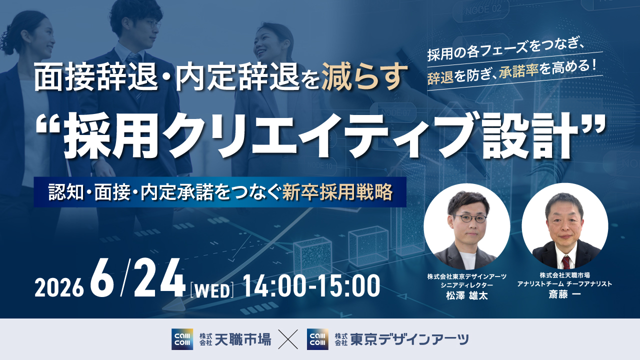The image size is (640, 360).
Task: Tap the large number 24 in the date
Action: pyautogui.click(x=159, y=278)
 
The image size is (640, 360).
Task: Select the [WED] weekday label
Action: pyautogui.click(x=211, y=290)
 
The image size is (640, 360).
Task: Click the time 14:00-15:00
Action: pyautogui.click(x=311, y=286)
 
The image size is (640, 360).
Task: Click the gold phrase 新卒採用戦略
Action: pyautogui.click(x=337, y=192)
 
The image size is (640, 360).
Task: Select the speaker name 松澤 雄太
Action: pyautogui.click(x=467, y=295)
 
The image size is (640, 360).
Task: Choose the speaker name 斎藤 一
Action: pyautogui.click(x=564, y=294)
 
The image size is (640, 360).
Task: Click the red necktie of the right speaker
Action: pyautogui.click(x=566, y=263)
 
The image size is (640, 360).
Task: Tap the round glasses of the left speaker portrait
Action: pyautogui.click(x=470, y=218)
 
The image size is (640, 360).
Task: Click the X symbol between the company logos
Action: pyautogui.click(x=288, y=339)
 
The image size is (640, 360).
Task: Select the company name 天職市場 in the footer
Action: pyautogui.click(x=242, y=339)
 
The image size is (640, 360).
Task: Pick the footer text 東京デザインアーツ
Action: pyautogui.click(x=409, y=339)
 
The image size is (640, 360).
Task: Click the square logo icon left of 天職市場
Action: pyautogui.click(x=182, y=339)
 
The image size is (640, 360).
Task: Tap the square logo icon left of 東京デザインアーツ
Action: pyautogui.click(x=317, y=339)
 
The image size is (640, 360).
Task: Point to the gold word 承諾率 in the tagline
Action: pyautogui.click(x=518, y=71)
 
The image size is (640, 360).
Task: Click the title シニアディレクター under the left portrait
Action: pyautogui.click(x=467, y=285)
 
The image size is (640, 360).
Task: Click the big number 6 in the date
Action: pyautogui.click(x=101, y=278)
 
